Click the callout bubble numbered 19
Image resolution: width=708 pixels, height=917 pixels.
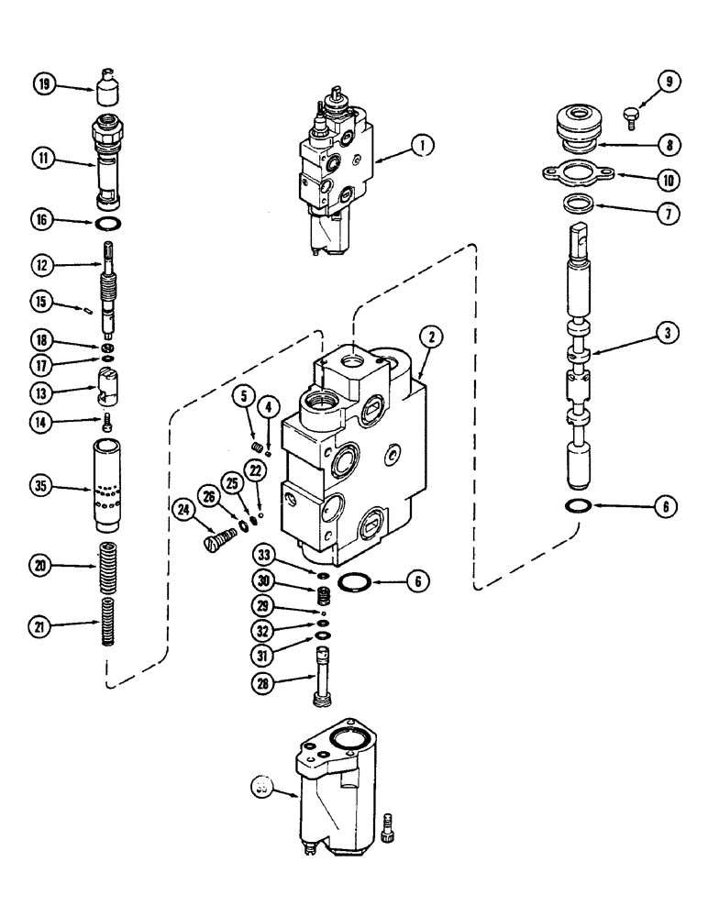(x=43, y=85)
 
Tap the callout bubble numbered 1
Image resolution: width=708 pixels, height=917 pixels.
(x=422, y=144)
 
